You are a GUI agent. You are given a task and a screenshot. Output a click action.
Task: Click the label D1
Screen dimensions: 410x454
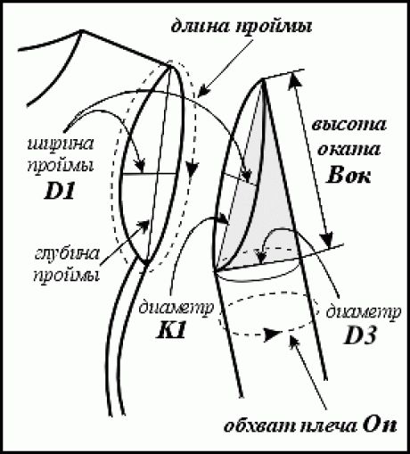(59, 192)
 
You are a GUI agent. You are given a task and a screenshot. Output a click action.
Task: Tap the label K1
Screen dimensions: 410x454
(171, 331)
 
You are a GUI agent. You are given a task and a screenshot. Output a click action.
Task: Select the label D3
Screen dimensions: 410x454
(360, 336)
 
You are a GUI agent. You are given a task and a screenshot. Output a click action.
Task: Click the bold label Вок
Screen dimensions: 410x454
(348, 176)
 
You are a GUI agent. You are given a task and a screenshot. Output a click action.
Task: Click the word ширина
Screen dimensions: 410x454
(61, 144)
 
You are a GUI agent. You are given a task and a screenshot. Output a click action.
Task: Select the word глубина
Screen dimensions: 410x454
(67, 255)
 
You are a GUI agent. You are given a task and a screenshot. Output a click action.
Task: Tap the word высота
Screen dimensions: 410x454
(349, 125)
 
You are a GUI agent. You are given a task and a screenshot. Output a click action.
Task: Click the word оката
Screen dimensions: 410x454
(348, 150)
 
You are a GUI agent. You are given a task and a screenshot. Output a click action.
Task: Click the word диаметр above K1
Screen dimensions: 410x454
(176, 308)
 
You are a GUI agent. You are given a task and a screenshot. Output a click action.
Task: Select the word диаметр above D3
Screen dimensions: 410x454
(364, 312)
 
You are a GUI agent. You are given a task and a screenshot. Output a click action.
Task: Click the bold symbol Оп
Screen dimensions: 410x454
(380, 426)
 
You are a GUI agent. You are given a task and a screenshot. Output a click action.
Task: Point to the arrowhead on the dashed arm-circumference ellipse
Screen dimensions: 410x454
(273, 334)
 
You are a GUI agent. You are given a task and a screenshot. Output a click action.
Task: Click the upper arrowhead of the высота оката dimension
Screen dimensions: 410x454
(295, 80)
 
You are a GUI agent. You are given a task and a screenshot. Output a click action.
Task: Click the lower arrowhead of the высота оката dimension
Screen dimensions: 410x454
(327, 239)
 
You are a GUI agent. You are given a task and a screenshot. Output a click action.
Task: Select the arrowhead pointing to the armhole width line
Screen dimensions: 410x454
(140, 166)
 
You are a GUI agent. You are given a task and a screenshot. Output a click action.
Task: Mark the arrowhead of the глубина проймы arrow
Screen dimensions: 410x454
(143, 226)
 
